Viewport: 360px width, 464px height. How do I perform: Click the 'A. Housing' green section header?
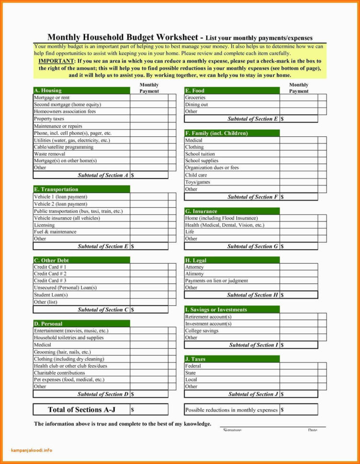click(48, 90)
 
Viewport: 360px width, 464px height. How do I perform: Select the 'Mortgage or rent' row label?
click(52, 98)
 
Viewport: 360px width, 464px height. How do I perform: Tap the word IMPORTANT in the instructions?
click(56, 62)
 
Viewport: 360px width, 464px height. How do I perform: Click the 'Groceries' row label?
click(195, 98)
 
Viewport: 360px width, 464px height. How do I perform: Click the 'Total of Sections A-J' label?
click(81, 409)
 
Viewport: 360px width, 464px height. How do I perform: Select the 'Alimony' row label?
click(194, 274)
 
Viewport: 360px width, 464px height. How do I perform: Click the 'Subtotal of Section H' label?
click(252, 295)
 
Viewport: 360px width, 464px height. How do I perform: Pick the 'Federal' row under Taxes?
click(193, 366)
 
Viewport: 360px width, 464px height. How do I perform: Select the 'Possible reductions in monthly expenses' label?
click(231, 410)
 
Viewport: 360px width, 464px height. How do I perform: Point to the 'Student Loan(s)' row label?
click(50, 295)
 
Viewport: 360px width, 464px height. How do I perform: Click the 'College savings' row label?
click(202, 331)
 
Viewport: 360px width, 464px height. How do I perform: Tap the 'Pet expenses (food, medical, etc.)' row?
click(68, 380)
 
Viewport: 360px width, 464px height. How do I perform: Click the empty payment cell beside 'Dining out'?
click(299, 105)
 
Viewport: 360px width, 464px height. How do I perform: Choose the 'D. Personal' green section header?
click(48, 324)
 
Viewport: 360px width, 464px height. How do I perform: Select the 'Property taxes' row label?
click(49, 119)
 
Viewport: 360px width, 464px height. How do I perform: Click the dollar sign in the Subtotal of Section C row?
click(133, 310)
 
